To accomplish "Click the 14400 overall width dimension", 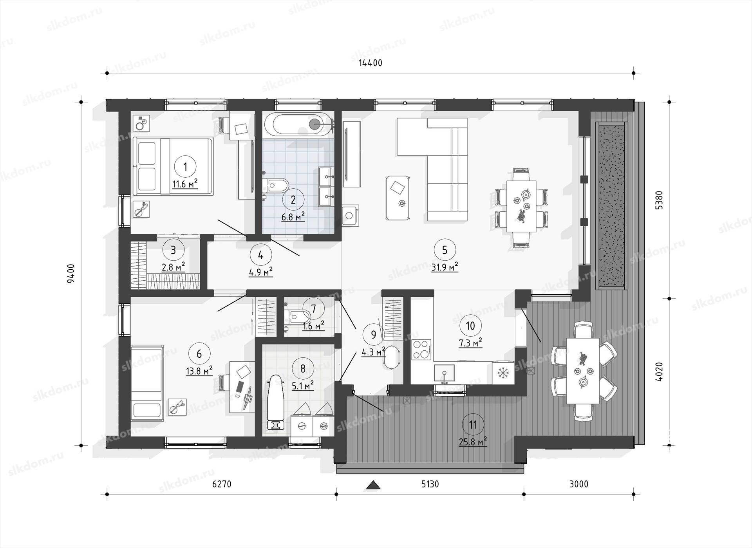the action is click(x=370, y=63).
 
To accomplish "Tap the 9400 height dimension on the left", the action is click(x=71, y=273).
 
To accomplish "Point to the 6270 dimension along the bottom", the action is click(x=222, y=484).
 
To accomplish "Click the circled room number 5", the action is click(x=445, y=249).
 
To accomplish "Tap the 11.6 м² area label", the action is click(x=185, y=184).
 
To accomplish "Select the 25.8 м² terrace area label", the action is click(x=473, y=442).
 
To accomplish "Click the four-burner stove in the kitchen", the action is click(x=421, y=350).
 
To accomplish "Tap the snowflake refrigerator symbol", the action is click(x=503, y=373).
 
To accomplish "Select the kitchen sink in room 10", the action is click(x=444, y=374).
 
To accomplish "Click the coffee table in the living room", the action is click(x=398, y=198).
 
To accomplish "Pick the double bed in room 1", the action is click(x=173, y=166).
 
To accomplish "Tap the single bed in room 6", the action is click(x=147, y=383).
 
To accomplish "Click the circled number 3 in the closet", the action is click(x=174, y=249).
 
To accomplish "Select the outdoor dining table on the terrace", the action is click(x=583, y=371).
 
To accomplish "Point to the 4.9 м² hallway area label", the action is click(x=261, y=272).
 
